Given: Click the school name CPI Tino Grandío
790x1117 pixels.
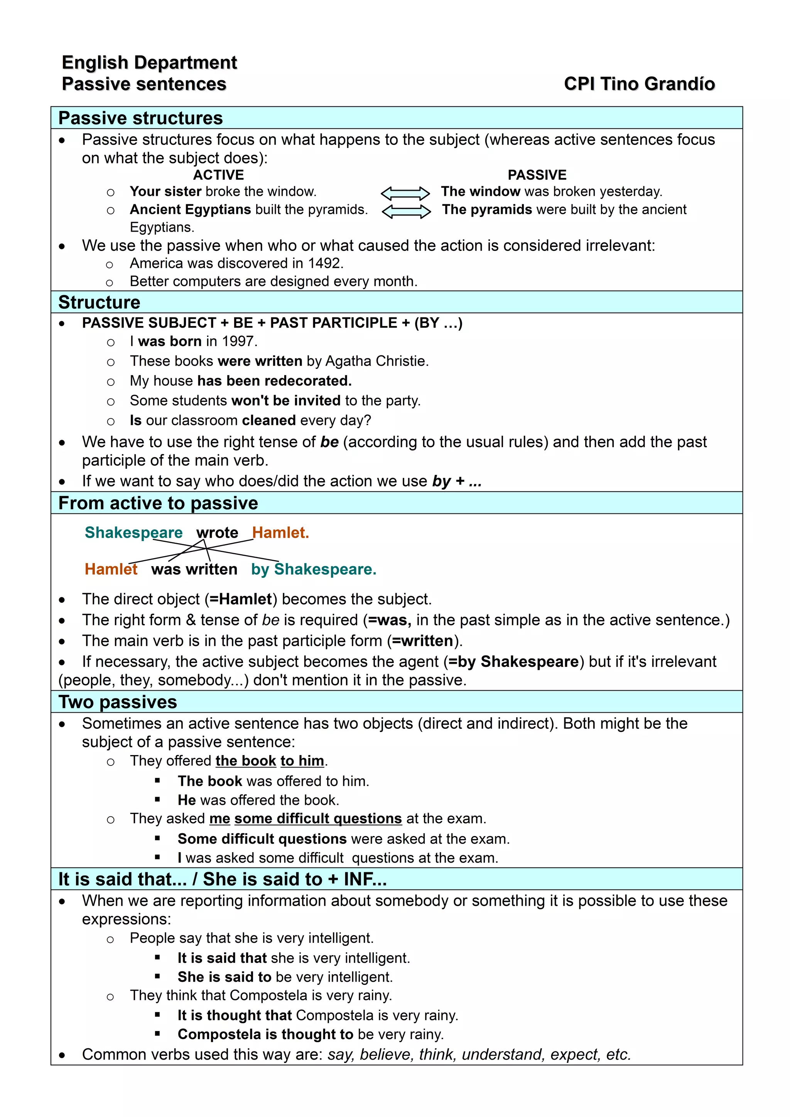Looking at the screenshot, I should click(x=639, y=84).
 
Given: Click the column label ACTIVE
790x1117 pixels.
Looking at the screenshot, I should click(x=219, y=175).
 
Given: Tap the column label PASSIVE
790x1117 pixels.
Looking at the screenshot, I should click(x=537, y=175).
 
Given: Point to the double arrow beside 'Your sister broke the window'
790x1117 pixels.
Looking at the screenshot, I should click(x=405, y=193).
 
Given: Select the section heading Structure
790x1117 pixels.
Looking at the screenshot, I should click(x=99, y=302).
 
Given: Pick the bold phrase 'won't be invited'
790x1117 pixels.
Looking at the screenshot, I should click(x=286, y=400).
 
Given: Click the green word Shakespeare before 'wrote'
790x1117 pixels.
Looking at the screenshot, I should click(x=133, y=532).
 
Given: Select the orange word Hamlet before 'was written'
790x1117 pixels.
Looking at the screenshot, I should click(x=111, y=569).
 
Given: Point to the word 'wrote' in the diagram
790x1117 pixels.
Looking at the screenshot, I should click(x=217, y=532).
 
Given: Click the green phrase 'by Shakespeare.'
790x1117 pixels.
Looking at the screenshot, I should click(x=314, y=569).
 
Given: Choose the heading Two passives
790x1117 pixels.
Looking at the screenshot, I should click(x=117, y=702).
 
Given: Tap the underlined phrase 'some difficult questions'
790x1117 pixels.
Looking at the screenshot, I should click(x=318, y=818).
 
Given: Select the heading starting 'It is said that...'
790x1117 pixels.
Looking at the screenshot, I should click(x=222, y=879).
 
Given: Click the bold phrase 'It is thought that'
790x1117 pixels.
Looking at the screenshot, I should click(x=234, y=1015).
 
